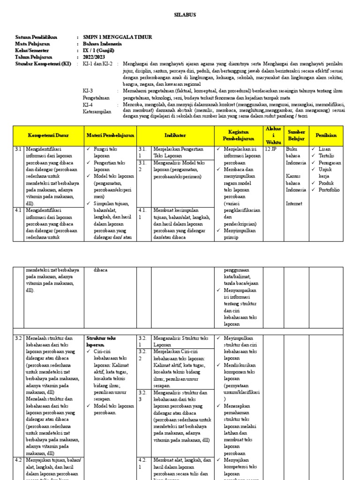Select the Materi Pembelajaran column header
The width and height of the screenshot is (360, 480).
point(110,135)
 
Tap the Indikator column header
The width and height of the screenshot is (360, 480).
point(175,135)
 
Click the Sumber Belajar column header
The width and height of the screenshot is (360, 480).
point(296,135)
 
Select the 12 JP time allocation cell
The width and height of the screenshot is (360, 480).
point(271,150)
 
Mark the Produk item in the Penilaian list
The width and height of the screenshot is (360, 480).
point(327,183)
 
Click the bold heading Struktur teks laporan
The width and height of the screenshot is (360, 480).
point(101,341)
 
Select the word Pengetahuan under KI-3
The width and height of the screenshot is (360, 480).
point(96,97)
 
